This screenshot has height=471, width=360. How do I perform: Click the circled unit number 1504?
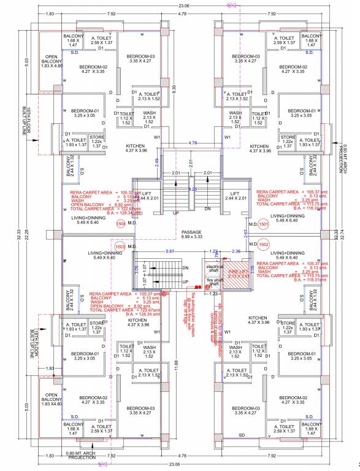(x=121, y=225)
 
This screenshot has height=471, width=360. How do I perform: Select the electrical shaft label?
(x=215, y=269)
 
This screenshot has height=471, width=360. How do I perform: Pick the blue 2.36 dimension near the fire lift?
(x=236, y=250)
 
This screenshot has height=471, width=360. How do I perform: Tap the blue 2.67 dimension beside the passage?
(x=246, y=233)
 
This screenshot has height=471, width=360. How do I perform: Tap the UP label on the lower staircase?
(x=185, y=281)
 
